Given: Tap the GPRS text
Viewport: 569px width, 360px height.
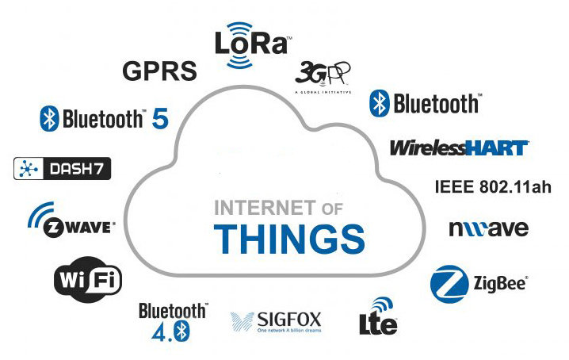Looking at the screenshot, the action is click(x=159, y=71).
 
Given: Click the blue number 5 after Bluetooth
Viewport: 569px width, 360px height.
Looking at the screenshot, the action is click(x=160, y=119).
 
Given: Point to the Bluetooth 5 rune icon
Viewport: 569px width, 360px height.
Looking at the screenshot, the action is click(x=50, y=119).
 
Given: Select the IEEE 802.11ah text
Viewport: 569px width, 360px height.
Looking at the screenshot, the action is click(x=493, y=188).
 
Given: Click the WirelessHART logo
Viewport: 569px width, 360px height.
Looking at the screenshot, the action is click(x=458, y=147).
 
